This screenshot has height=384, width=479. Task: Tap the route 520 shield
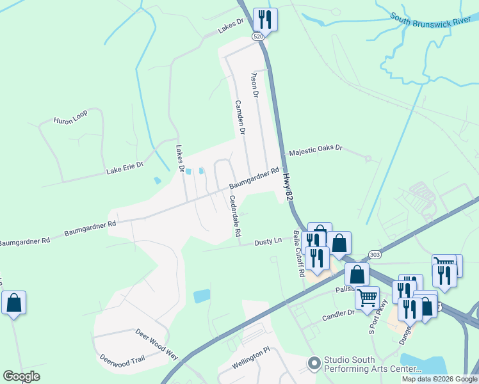tap(258, 37)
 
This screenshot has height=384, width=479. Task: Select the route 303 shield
tap(375, 255)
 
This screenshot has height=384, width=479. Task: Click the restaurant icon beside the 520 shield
tap(265, 19)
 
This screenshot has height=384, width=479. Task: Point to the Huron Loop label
tap(70, 120)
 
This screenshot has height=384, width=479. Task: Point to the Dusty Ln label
tap(268, 242)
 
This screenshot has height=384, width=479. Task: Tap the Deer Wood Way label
tap(156, 342)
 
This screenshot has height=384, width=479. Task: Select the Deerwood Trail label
tap(122, 360)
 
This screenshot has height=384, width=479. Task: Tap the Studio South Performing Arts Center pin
tap(314, 364)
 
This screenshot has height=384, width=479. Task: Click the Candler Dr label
tap(338, 314)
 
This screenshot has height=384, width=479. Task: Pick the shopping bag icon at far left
tap(13, 302)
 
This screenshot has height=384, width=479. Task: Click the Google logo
tap(21, 376)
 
